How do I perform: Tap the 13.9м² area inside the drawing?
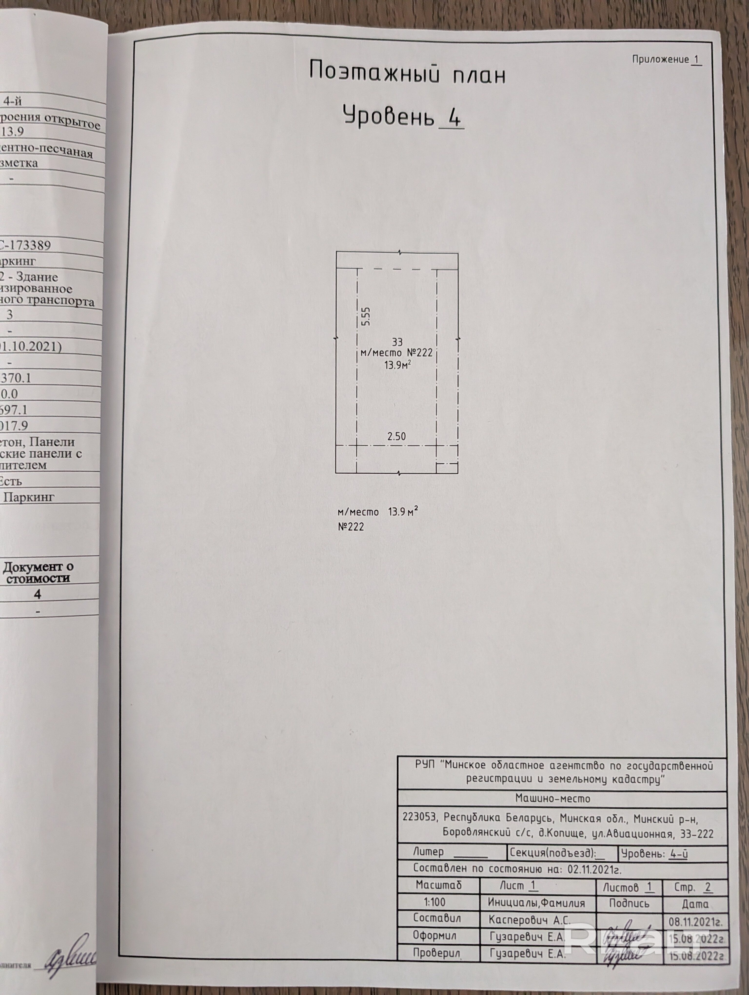pos(397,365)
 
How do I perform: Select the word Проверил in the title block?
pos(436,953)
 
